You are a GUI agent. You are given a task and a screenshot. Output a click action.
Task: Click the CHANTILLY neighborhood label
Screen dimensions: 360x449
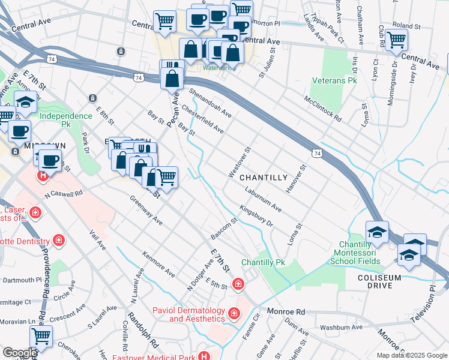point(264,178)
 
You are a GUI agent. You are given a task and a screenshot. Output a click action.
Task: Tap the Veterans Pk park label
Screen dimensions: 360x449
point(334,80)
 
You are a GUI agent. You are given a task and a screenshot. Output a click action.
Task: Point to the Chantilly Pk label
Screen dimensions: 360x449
point(263,263)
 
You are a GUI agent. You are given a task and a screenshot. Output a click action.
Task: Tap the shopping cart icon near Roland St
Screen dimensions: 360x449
point(396,40)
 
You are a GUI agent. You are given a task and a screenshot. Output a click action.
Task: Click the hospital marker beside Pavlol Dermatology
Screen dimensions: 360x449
point(234,313)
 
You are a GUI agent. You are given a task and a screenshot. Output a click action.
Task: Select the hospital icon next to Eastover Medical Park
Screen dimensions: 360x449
point(205,356)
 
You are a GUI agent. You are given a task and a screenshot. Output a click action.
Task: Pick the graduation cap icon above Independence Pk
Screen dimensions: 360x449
point(25,103)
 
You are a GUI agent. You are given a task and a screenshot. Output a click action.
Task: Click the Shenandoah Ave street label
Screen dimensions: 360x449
point(209,103)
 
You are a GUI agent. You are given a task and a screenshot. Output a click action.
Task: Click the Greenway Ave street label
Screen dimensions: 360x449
point(146,209)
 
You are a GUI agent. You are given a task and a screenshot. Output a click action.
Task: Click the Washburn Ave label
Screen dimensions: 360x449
point(341,328)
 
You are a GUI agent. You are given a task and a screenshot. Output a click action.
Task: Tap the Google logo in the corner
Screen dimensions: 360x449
point(19,353)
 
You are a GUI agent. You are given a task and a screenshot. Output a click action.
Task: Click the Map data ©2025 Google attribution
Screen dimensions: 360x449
point(411,355)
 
